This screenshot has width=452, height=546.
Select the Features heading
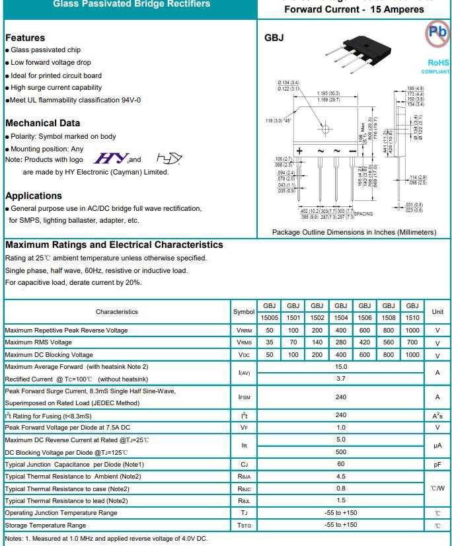click(x=25, y=38)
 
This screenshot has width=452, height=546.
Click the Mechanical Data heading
click(x=42, y=123)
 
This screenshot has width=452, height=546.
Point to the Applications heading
click(x=33, y=196)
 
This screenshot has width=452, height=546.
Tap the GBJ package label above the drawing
click(x=274, y=38)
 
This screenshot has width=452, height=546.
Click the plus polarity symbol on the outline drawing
click(x=299, y=151)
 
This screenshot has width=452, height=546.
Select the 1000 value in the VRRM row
click(x=412, y=330)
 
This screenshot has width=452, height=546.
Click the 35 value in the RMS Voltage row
click(x=269, y=342)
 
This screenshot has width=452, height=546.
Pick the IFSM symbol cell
click(x=244, y=397)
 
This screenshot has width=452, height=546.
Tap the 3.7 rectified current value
click(x=341, y=379)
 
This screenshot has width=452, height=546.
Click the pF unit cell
click(x=437, y=465)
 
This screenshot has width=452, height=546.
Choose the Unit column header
click(x=437, y=311)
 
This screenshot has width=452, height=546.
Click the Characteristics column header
click(x=117, y=311)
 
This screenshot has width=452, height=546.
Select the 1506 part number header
click(x=365, y=317)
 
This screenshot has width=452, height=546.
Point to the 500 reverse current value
click(x=341, y=452)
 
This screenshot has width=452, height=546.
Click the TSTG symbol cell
click(x=244, y=526)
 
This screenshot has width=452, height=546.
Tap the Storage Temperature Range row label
click(x=46, y=526)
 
